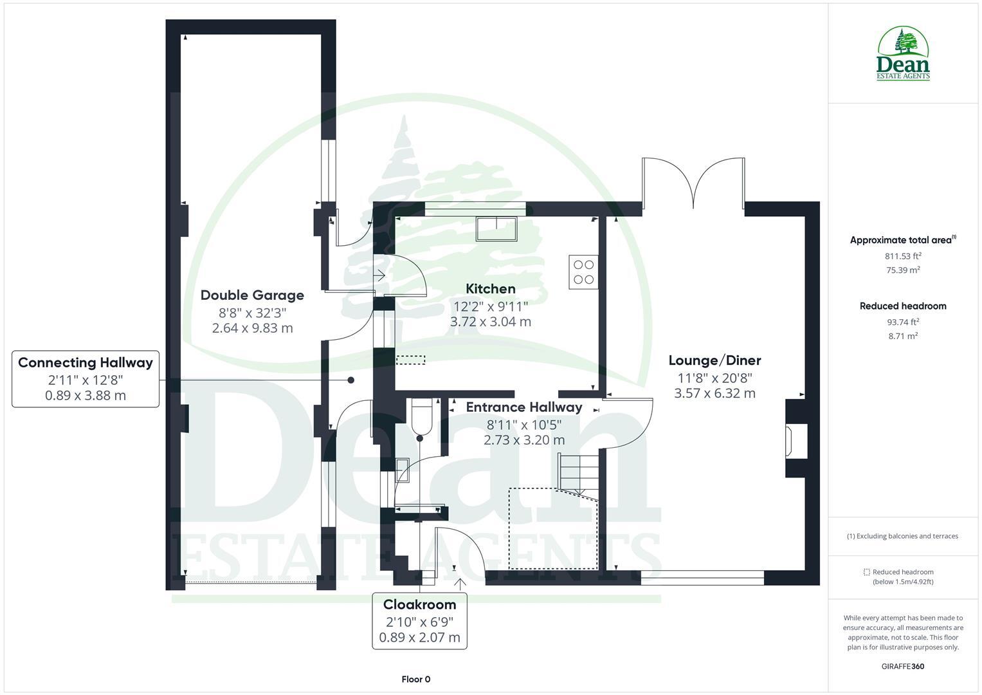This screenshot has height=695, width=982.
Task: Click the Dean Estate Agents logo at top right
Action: click(904, 54)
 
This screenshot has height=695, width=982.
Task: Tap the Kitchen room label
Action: click(491, 289)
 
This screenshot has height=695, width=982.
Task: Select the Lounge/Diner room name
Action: click(714, 360)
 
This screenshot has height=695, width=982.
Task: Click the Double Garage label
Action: click(252, 295)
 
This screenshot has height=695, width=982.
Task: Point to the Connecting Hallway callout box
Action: click(86, 379)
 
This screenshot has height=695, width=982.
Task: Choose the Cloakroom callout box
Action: click(420, 621)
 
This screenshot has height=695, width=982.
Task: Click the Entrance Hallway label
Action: click(524, 407)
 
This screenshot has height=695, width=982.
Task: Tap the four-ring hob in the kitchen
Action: click(583, 272)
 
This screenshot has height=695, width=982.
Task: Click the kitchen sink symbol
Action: click(496, 228)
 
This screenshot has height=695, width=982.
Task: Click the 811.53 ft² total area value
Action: click(903, 256)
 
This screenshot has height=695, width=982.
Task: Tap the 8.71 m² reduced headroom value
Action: click(903, 336)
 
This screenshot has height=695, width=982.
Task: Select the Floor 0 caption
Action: click(416, 680)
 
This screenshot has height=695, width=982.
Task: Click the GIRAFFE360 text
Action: click(903, 667)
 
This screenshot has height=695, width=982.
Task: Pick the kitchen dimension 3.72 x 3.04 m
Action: click(491, 322)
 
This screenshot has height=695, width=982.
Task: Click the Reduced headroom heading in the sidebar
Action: click(903, 306)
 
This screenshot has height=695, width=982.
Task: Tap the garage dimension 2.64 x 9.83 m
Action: click(252, 328)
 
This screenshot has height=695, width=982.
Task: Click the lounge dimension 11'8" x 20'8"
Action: click(714, 378)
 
